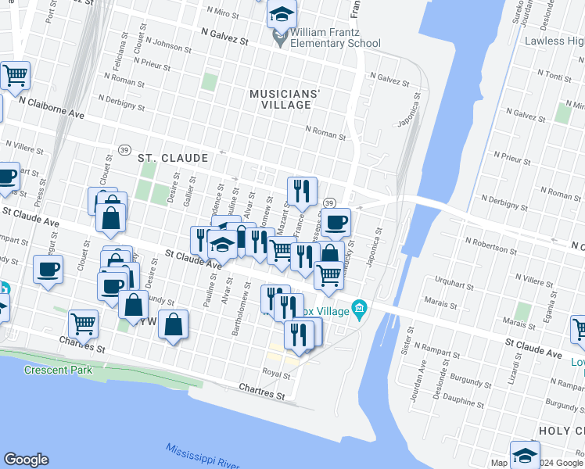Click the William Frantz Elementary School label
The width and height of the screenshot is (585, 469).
(x=335, y=38)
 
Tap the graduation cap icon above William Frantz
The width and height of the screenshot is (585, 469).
(x=282, y=13)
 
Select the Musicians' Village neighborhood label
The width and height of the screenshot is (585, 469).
(x=285, y=99)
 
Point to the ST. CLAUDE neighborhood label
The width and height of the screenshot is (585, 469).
(x=173, y=158)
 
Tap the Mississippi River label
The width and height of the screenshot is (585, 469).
(x=203, y=455)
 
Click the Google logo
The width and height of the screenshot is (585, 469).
(x=26, y=460)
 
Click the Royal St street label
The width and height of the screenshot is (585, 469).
(x=277, y=374)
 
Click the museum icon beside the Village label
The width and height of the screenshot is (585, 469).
(x=359, y=307)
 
